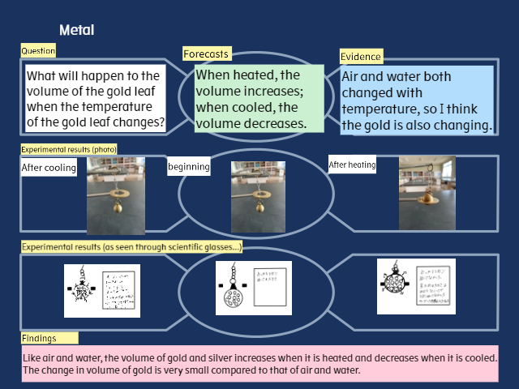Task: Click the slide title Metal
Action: [77, 31]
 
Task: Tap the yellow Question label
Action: [38, 51]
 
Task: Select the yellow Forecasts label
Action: [206, 54]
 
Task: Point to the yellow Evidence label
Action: [361, 57]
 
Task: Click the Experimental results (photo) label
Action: [69, 150]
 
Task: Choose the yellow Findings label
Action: [49, 338]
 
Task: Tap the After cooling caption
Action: [49, 168]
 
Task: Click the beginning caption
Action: [189, 168]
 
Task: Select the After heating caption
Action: [352, 165]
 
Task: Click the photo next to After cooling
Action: [115, 195]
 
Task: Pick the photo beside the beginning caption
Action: [258, 195]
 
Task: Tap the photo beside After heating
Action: [427, 192]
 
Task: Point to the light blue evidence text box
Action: [416, 100]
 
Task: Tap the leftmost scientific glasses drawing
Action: [101, 290]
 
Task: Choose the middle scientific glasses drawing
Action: [253, 287]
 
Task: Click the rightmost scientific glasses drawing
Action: [416, 285]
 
